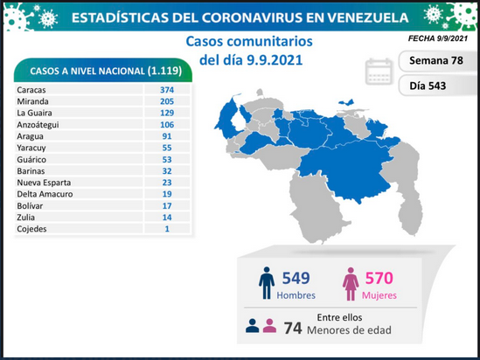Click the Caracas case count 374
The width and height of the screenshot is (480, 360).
coord(167,90)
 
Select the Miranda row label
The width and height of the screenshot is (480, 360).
coord(32,101)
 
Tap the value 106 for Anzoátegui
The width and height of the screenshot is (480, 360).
coord(167,124)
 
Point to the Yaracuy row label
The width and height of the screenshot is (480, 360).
coord(31,148)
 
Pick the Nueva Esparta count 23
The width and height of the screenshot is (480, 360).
coord(167,183)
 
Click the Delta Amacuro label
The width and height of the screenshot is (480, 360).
coord(45,194)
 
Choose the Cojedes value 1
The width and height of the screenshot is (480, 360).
coord(167,229)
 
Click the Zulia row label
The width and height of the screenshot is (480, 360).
coord(26,218)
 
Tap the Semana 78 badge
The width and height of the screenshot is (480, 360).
coord(436,60)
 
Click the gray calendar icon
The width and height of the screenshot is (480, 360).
coord(379,72)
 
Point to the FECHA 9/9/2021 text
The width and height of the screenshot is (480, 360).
coord(438,38)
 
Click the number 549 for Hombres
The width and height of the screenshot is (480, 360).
coord(296,278)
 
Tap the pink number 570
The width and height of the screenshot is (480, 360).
coord(379,278)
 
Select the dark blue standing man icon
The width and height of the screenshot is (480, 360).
coord(267,283)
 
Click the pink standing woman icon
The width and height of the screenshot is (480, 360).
coord(351,284)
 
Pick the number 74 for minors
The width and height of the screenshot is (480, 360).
coord(293,329)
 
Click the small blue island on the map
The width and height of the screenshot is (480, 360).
coord(346,102)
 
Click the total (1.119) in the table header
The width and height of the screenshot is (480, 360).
coord(164,71)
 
